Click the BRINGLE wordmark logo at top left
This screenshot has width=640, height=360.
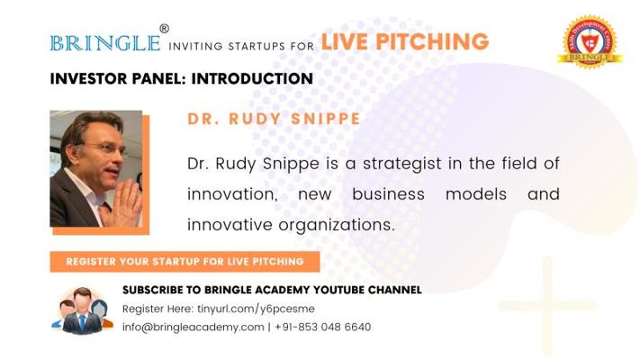[x=105, y=42]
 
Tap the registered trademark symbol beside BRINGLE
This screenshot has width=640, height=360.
[x=164, y=29]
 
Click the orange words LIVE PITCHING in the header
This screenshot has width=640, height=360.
[x=404, y=41]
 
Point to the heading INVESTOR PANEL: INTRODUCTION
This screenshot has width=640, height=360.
[x=181, y=79]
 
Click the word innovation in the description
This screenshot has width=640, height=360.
[x=227, y=194]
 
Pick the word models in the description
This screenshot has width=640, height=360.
[x=475, y=194]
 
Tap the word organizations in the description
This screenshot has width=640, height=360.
[x=341, y=224]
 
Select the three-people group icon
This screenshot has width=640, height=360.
[x=81, y=309]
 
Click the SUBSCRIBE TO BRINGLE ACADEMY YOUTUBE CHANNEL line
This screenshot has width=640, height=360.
[x=271, y=290]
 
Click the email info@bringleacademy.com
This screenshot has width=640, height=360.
[x=193, y=327]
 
